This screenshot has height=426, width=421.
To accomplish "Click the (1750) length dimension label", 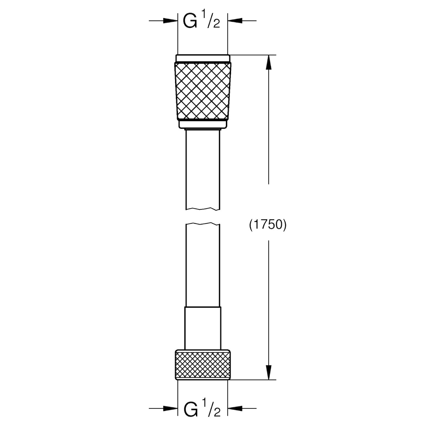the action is [268, 225].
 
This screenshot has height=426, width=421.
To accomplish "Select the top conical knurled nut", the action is [203, 91].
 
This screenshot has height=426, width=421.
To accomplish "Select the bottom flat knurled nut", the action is [203, 364].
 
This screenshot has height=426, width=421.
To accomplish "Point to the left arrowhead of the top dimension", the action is [170, 20].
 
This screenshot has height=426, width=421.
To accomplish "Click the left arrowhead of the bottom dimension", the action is [170, 408].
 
